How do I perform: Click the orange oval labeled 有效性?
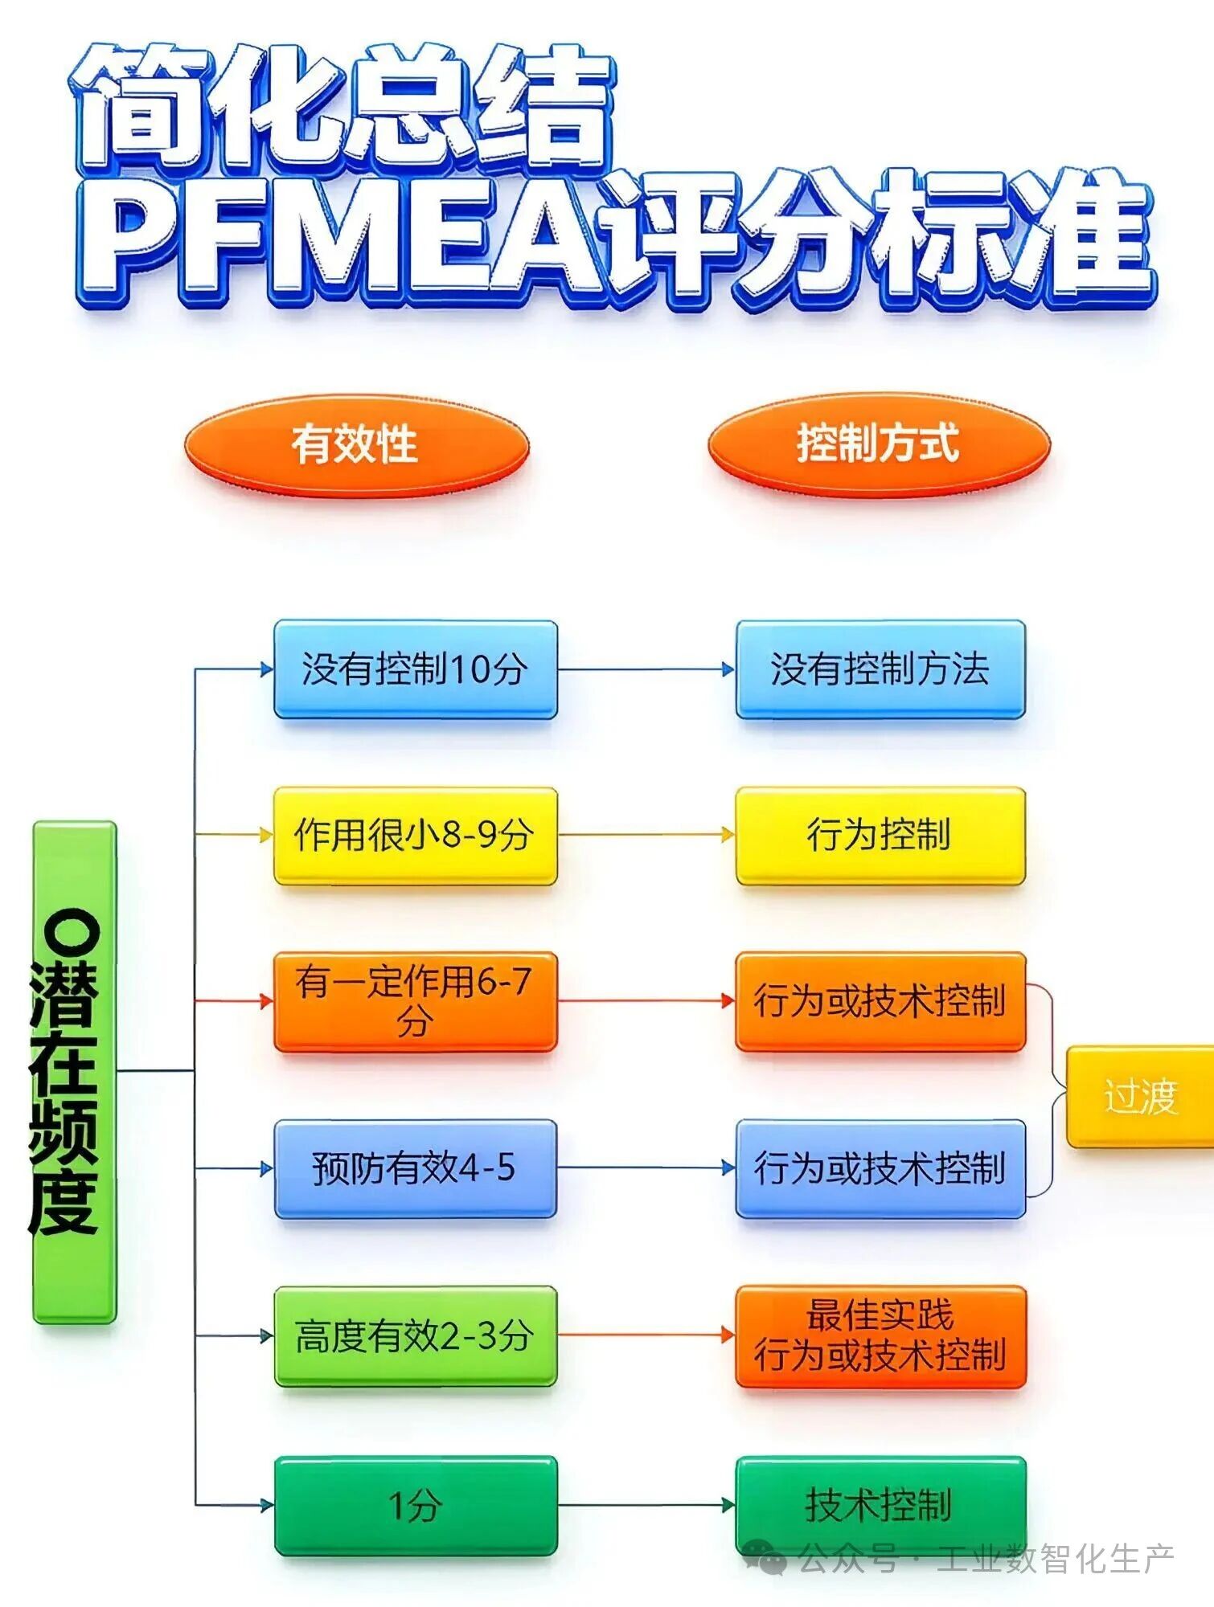click(356, 444)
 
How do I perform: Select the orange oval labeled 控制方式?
click(879, 444)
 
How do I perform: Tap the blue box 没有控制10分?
click(416, 669)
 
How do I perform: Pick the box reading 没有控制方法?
click(880, 669)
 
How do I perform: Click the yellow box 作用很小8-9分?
click(416, 836)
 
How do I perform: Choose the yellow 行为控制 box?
click(880, 836)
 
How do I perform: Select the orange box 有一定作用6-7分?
click(416, 1001)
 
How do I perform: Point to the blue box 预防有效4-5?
click(416, 1168)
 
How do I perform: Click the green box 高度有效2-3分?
click(416, 1335)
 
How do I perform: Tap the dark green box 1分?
click(416, 1505)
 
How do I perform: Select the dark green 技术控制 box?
click(880, 1505)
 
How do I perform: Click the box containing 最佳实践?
click(880, 1335)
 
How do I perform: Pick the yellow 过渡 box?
click(1140, 1096)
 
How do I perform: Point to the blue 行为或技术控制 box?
click(880, 1168)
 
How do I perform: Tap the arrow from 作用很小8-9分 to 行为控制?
click(646, 835)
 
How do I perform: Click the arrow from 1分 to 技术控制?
click(646, 1505)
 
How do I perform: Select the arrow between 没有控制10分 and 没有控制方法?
click(646, 669)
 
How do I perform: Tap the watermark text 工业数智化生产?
click(1056, 1560)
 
